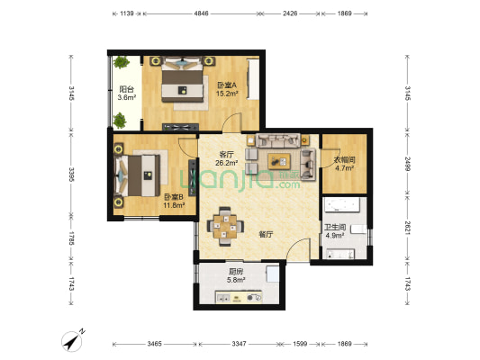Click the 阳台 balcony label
click(x=126, y=89)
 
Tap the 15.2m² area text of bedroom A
click(x=227, y=94)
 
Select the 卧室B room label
click(x=174, y=197)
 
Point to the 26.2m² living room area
click(x=227, y=163)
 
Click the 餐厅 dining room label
click(x=266, y=234)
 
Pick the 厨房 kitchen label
click(x=236, y=271)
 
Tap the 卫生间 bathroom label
click(x=335, y=228)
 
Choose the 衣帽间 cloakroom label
click(x=344, y=159)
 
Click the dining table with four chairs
click(x=225, y=227)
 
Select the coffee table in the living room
click(x=279, y=161)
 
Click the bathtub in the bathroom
click(x=342, y=204)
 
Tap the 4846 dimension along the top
click(x=201, y=13)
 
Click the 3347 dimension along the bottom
click(x=239, y=344)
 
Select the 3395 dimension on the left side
click(x=71, y=175)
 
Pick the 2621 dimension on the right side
click(x=407, y=228)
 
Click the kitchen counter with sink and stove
click(x=239, y=297)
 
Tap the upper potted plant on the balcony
click(x=122, y=62)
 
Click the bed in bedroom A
click(x=183, y=80)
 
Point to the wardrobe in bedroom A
click(x=253, y=79)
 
